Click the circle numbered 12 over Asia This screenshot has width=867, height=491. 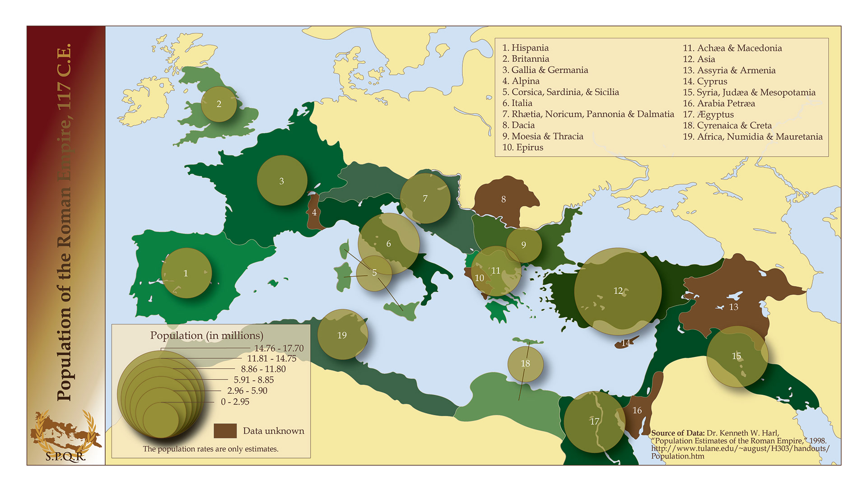[618, 291]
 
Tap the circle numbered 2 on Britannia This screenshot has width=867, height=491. [219, 104]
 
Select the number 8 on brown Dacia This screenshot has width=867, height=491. [503, 199]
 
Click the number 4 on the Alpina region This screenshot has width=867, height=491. [314, 213]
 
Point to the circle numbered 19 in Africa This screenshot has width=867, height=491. [342, 335]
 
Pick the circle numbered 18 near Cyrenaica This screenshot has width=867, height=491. [525, 364]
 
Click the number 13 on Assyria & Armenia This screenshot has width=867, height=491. [734, 307]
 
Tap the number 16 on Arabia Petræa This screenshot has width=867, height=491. [637, 410]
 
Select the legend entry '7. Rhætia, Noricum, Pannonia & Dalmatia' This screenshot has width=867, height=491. [588, 114]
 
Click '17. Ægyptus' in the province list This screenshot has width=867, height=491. [708, 115]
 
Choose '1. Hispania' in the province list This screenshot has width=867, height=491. [525, 48]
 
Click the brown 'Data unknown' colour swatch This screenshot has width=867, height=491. [225, 431]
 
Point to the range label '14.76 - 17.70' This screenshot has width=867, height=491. [279, 348]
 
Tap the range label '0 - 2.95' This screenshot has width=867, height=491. [235, 402]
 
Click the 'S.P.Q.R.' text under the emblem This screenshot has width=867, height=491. [65, 456]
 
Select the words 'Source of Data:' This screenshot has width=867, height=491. [678, 433]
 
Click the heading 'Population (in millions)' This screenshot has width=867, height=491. [206, 335]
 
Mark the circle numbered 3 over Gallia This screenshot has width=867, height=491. [282, 181]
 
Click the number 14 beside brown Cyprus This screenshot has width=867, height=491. [626, 343]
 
